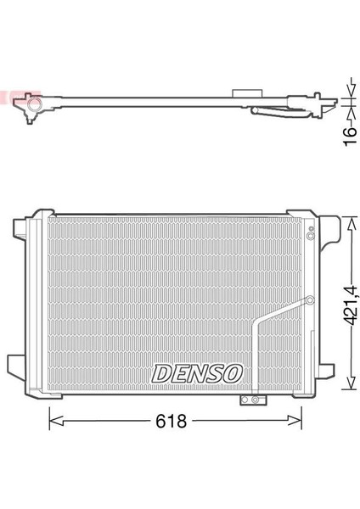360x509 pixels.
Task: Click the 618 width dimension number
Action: coord(171,421)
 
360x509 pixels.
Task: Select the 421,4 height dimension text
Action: coord(351,305)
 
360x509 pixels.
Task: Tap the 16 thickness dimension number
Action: coord(351,137)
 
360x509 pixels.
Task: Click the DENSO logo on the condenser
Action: coord(197,373)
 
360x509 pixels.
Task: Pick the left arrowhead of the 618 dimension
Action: coord(55,422)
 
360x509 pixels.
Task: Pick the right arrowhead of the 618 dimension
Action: coord(295,421)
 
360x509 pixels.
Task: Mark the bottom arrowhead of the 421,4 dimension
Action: coord(351,383)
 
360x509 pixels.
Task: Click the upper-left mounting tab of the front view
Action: coord(20,229)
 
